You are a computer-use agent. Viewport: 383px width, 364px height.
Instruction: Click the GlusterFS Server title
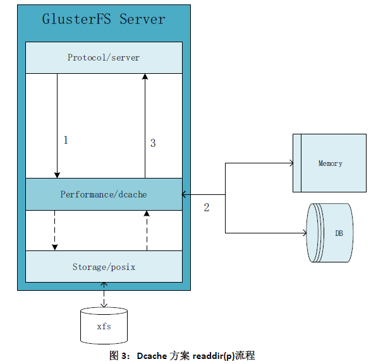(x=104, y=20)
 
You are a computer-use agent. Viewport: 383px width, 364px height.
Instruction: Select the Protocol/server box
(x=104, y=57)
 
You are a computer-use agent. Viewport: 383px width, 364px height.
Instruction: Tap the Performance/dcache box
(x=104, y=194)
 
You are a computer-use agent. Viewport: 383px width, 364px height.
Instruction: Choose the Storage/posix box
(x=104, y=267)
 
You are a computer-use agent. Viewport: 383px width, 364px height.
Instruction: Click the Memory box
(x=330, y=163)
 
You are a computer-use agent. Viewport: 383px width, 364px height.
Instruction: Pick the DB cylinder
(x=330, y=233)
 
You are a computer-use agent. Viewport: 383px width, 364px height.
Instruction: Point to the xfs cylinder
(x=104, y=326)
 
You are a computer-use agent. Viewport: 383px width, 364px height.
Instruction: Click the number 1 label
(x=65, y=140)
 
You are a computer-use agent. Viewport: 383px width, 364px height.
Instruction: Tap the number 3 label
(x=153, y=143)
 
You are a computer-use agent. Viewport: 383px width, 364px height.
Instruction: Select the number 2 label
(x=206, y=208)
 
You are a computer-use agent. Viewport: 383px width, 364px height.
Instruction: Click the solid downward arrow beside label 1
(x=58, y=126)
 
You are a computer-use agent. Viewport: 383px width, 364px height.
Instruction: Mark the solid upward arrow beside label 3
(x=145, y=126)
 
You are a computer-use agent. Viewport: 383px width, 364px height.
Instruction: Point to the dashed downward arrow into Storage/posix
(x=55, y=230)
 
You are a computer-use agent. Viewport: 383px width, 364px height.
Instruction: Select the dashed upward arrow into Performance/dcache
(x=147, y=230)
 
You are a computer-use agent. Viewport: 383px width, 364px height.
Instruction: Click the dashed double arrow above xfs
(x=104, y=295)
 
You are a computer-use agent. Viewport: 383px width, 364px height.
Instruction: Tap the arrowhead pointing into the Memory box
(x=291, y=163)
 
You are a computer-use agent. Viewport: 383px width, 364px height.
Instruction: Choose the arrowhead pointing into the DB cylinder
(x=303, y=233)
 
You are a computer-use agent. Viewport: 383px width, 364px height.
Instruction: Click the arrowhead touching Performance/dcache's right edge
(x=185, y=194)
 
